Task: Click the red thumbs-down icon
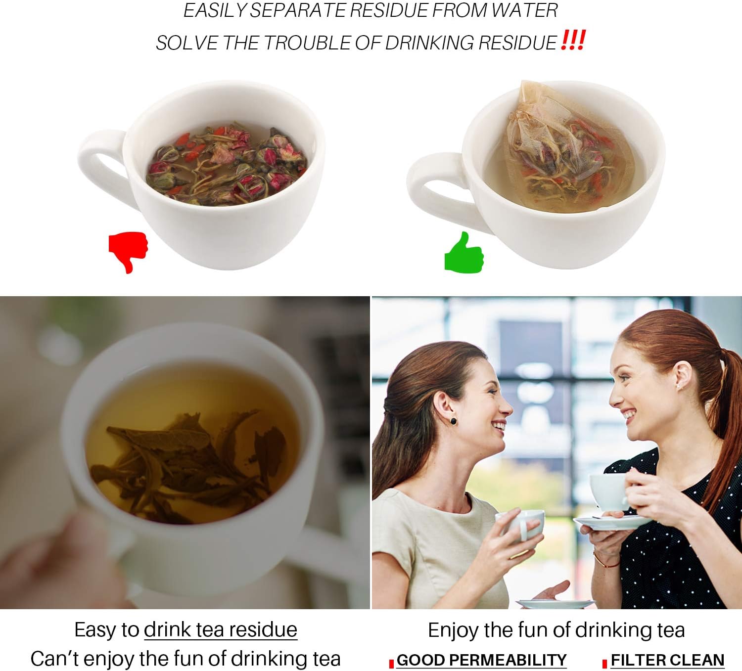[128, 250]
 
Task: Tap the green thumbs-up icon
[464, 253]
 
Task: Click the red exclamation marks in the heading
[573, 40]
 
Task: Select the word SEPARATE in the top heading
[299, 10]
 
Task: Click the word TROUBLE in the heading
[307, 43]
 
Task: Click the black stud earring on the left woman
[453, 421]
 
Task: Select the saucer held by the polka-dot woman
[612, 522]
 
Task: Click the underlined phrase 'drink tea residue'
[221, 629]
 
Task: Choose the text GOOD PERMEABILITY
[481, 660]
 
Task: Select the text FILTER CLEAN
[667, 660]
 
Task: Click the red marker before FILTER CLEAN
[604, 664]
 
